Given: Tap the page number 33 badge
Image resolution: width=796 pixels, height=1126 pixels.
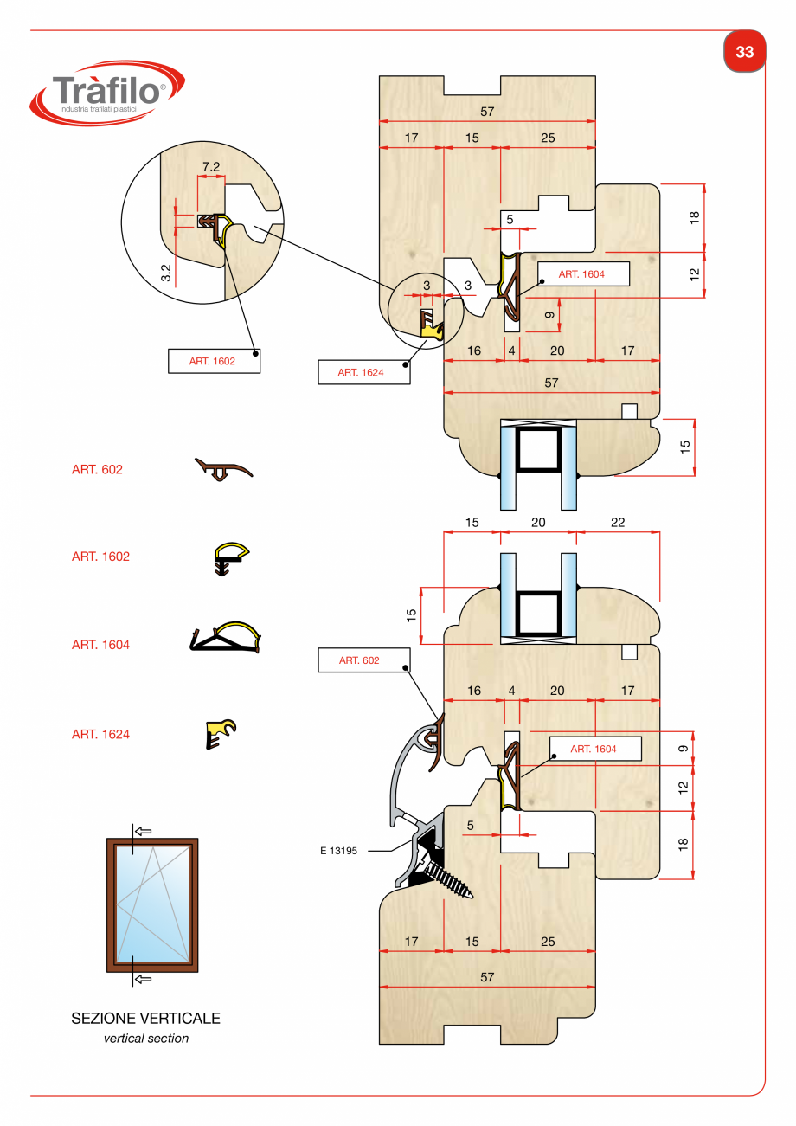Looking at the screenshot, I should (x=744, y=52).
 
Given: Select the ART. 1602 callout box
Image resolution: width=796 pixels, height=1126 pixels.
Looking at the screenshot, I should (x=212, y=361).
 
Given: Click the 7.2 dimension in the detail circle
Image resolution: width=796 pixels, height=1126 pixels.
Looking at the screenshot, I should (x=211, y=166).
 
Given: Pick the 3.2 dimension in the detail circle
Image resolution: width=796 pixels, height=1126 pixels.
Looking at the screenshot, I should (x=166, y=273).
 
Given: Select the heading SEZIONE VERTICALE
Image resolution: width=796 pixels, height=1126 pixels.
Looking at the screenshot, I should (x=145, y=1019).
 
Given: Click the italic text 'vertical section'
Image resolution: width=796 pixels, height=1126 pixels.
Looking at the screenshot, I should (x=145, y=1039).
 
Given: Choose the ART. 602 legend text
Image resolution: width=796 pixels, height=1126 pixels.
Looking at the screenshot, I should (x=97, y=470).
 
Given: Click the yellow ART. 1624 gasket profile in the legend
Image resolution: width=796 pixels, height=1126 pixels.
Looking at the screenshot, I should (x=221, y=733).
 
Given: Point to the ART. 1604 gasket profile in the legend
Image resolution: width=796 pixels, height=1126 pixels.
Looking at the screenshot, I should (x=225, y=638).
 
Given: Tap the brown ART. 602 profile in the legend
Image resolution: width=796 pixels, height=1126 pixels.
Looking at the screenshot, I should (x=223, y=470).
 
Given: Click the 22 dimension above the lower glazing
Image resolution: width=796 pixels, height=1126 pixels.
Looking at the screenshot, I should (x=617, y=523).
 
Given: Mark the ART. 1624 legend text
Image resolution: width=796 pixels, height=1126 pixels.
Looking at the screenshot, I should (x=100, y=735).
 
